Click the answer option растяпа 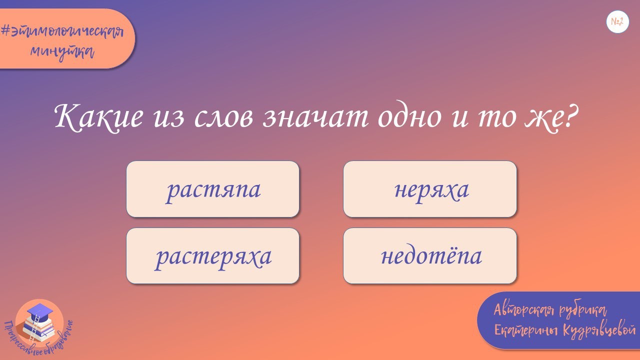pyautogui.click(x=213, y=189)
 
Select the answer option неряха pyautogui.click(x=430, y=189)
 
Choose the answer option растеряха pyautogui.click(x=213, y=256)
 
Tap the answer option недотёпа pyautogui.click(x=430, y=256)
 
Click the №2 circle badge pyautogui.click(x=617, y=22)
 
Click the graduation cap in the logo pyautogui.click(x=39, y=312)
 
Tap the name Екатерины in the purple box pyautogui.click(x=525, y=330)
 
